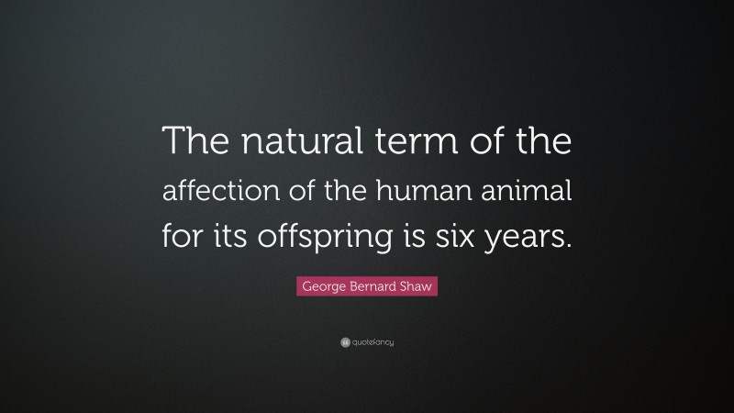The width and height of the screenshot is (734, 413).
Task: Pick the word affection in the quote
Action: click(x=219, y=194)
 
